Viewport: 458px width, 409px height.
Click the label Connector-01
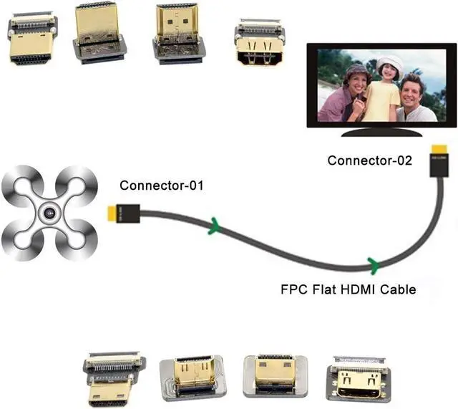(x=162, y=186)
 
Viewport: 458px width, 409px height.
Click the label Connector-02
(x=369, y=160)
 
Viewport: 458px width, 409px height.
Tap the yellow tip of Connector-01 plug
(x=112, y=213)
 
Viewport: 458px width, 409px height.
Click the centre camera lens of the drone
(x=49, y=213)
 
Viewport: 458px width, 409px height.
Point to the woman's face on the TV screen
(x=355, y=80)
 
